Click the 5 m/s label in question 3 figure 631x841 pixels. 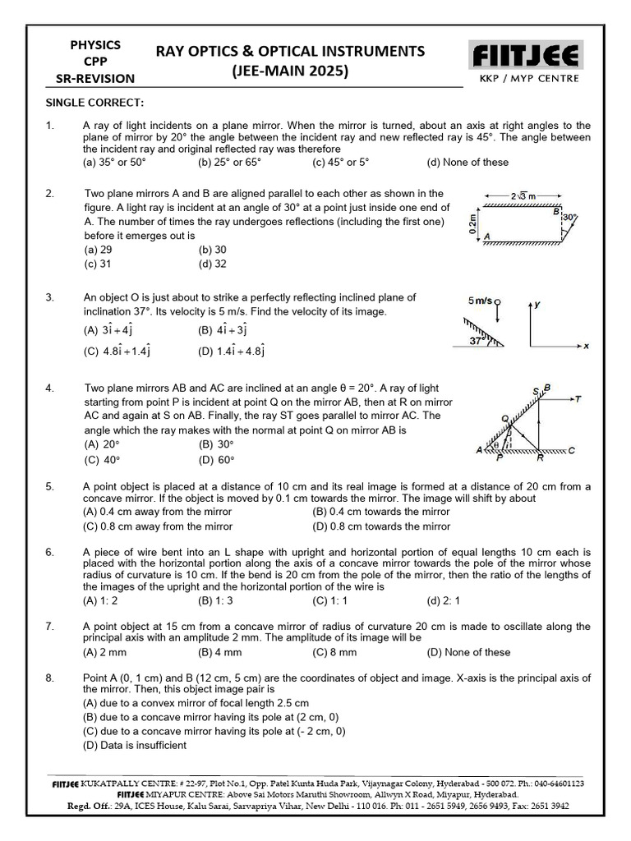click(480, 301)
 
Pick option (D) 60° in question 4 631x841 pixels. click(216, 460)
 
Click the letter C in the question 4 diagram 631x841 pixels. click(570, 450)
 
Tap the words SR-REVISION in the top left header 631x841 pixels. click(95, 78)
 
